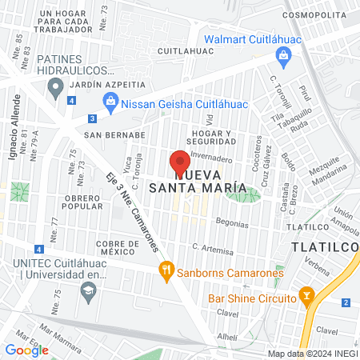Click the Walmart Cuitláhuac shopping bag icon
(282, 55)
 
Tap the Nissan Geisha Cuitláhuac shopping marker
(111, 102)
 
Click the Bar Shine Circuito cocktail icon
(306, 298)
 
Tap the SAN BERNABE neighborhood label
(114, 135)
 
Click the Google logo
(26, 350)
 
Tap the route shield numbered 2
(346, 302)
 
